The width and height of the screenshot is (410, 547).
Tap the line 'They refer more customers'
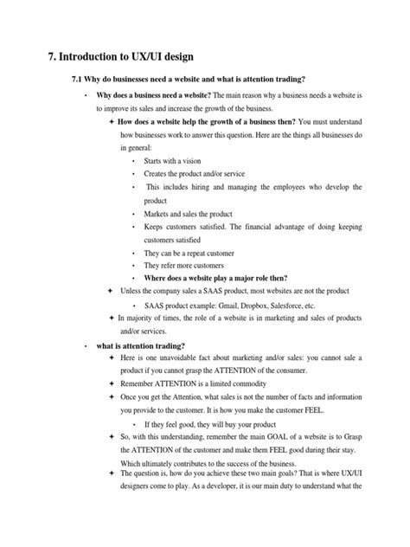pos(183,265)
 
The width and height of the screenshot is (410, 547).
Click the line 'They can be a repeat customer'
pos(192,252)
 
